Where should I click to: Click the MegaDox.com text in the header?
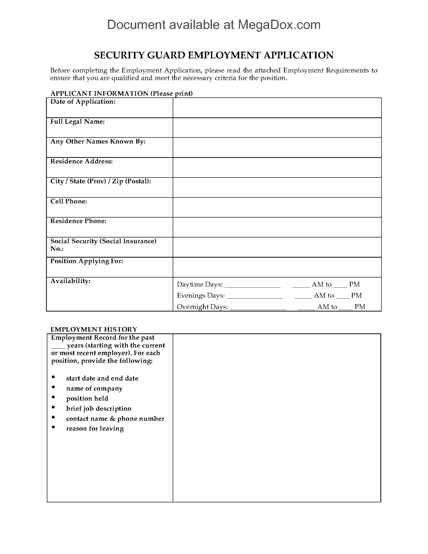pyautogui.click(x=279, y=25)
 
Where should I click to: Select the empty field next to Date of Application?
pyautogui.click(x=277, y=108)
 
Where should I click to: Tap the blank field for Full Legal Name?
pyautogui.click(x=277, y=128)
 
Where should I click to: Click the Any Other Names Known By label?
pyautogui.click(x=98, y=142)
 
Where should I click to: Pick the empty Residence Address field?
pyautogui.click(x=277, y=167)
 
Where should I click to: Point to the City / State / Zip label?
pyautogui.click(x=101, y=181)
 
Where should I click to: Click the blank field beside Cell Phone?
pyautogui.click(x=277, y=207)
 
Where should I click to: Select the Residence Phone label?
pyautogui.click(x=78, y=221)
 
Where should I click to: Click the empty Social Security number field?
pyautogui.click(x=277, y=247)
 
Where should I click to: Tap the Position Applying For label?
pyautogui.click(x=87, y=261)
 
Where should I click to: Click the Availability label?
pyautogui.click(x=70, y=281)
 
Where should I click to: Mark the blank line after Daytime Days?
pyautogui.click(x=252, y=286)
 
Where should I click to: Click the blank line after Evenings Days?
pyautogui.click(x=255, y=297)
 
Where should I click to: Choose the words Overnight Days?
pyautogui.click(x=202, y=307)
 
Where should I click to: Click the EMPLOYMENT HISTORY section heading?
pyautogui.click(x=94, y=330)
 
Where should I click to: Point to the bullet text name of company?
pyautogui.click(x=94, y=389)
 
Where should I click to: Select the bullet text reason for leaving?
pyautogui.click(x=95, y=429)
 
